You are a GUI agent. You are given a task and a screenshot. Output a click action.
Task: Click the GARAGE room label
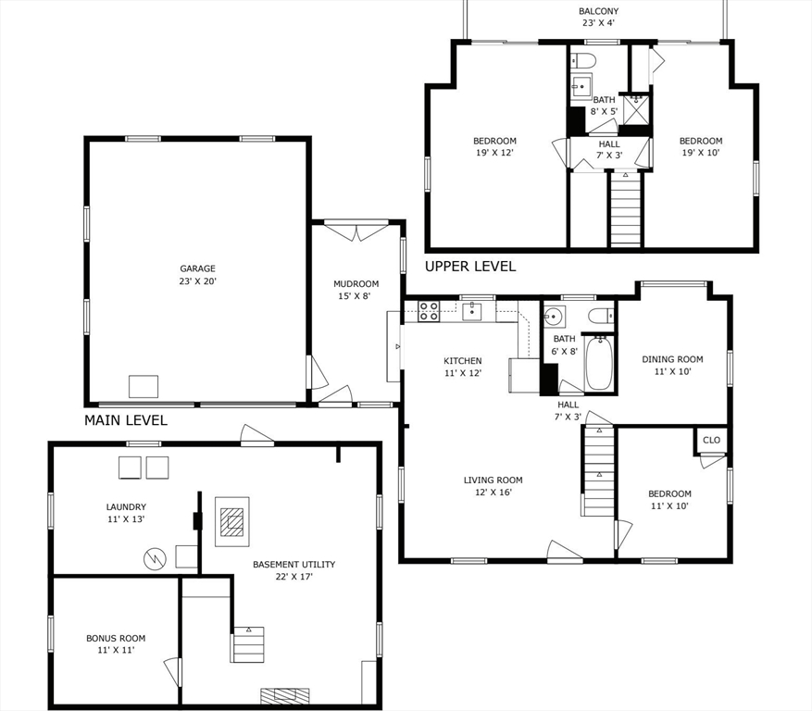(197, 268)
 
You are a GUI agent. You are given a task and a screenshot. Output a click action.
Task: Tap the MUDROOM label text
(356, 284)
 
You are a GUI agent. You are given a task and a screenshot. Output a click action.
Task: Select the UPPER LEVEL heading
(469, 267)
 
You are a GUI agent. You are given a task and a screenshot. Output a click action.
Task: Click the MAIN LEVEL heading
(126, 420)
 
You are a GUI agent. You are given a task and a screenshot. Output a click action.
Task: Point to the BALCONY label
(599, 12)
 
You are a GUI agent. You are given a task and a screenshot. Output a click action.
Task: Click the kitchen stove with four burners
(428, 311)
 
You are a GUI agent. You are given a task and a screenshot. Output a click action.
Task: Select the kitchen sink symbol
(472, 310)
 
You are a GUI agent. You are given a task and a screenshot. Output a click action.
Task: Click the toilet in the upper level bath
(582, 61)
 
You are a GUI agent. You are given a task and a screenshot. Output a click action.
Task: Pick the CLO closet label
(711, 441)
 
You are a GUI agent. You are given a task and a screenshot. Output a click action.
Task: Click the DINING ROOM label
(672, 359)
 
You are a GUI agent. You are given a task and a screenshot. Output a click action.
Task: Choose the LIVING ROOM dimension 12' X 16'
(493, 493)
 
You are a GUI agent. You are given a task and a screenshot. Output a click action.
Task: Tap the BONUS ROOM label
(116, 638)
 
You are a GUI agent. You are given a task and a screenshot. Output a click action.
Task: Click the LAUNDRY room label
(125, 506)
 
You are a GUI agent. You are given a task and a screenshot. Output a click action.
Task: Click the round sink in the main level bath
(554, 315)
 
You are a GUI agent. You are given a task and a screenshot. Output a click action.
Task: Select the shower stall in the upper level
(636, 109)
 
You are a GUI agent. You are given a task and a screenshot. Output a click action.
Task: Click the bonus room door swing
(171, 670)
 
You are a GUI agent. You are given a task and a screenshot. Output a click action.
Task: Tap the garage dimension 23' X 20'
(197, 281)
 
